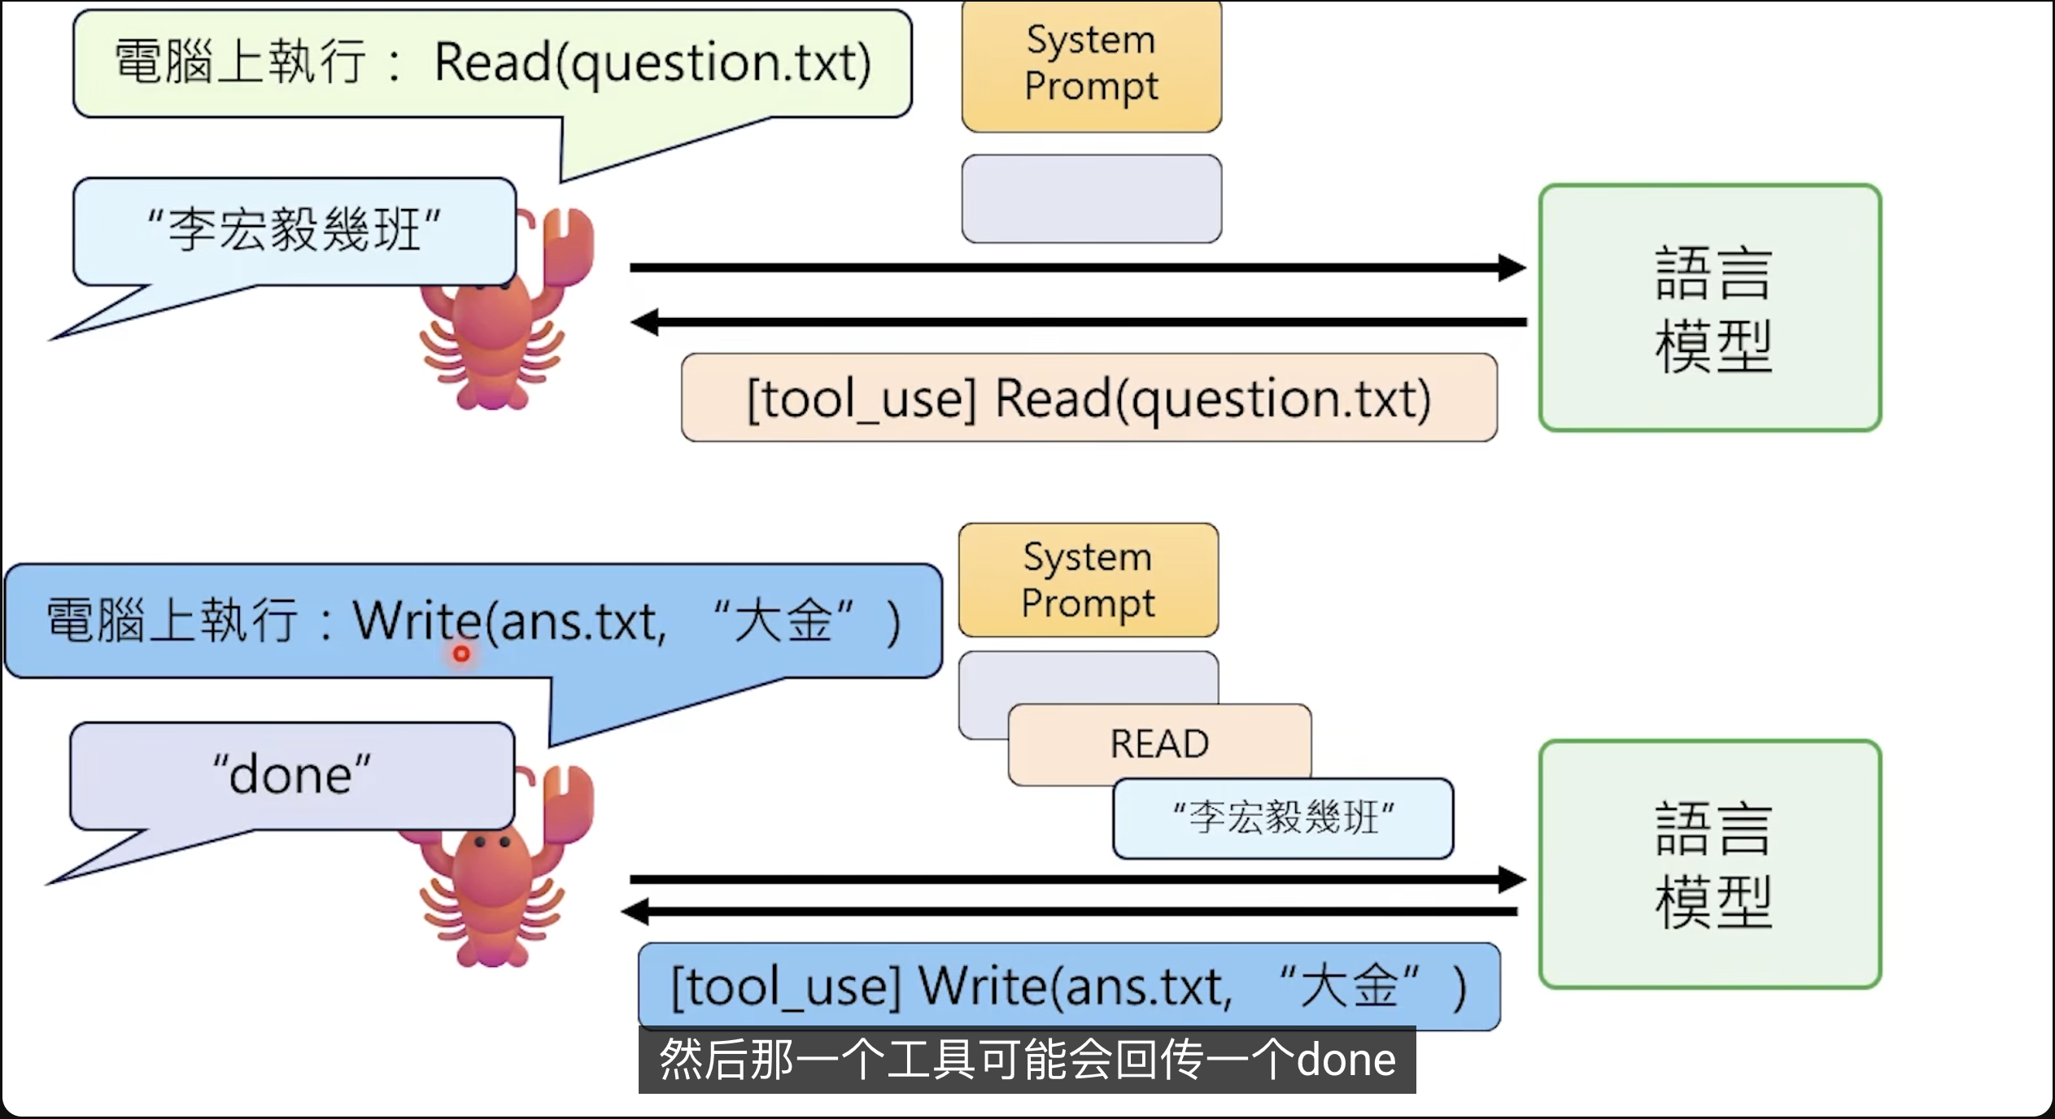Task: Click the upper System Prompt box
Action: click(1091, 65)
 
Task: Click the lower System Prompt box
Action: click(1088, 580)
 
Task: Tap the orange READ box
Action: click(1159, 743)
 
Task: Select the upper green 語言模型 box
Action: click(1710, 307)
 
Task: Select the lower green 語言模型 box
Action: click(1710, 864)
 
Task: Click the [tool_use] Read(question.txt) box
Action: click(1089, 398)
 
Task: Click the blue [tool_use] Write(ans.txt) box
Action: click(1068, 986)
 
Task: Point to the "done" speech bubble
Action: click(291, 775)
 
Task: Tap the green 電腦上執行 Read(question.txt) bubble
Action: click(491, 63)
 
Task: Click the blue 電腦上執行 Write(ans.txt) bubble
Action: click(472, 621)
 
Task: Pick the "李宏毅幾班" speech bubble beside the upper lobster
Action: click(294, 231)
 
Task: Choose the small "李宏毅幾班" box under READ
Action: click(1282, 818)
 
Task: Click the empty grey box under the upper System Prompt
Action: click(1091, 198)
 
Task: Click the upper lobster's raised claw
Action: click(567, 244)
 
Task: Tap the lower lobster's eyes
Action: click(492, 843)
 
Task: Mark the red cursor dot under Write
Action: click(461, 653)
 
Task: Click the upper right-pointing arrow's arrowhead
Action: click(1512, 267)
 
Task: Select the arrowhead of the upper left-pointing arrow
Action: click(645, 322)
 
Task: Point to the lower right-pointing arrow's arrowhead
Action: click(1512, 879)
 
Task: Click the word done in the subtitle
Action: click(1346, 1060)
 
